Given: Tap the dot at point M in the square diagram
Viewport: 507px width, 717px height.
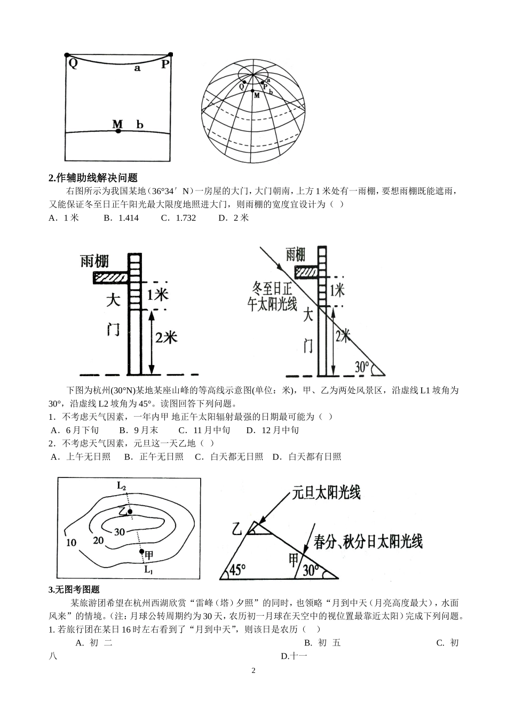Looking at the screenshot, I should pyautogui.click(x=118, y=131).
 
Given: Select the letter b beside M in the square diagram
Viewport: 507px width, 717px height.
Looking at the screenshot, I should pyautogui.click(x=140, y=125).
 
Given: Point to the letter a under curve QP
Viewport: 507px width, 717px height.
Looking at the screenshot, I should pyautogui.click(x=137, y=69).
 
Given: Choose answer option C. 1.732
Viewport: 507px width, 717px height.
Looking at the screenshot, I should pyautogui.click(x=178, y=218).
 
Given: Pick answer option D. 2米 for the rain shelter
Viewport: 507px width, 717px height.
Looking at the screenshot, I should pyautogui.click(x=234, y=218).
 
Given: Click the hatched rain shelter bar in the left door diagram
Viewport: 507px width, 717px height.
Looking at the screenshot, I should pyautogui.click(x=110, y=277).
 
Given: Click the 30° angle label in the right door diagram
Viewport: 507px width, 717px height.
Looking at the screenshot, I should pyautogui.click(x=363, y=367).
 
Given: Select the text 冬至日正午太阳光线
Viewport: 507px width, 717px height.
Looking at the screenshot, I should pyautogui.click(x=273, y=297).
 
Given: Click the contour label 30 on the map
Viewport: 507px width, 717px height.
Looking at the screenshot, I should pyautogui.click(x=120, y=531).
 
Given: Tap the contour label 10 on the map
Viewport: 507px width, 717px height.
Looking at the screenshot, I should pyautogui.click(x=70, y=543).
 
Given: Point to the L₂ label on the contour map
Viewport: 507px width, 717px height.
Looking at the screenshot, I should pyautogui.click(x=122, y=486).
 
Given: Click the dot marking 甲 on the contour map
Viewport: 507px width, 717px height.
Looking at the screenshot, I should pyautogui.click(x=141, y=552).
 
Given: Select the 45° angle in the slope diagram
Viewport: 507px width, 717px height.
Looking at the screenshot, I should pyautogui.click(x=236, y=570).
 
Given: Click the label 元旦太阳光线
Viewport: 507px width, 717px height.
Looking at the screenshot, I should pyautogui.click(x=326, y=493).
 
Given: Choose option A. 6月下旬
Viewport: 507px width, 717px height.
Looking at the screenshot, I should pyautogui.click(x=75, y=430).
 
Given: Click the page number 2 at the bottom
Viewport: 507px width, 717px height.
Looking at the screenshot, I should pyautogui.click(x=253, y=670).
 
